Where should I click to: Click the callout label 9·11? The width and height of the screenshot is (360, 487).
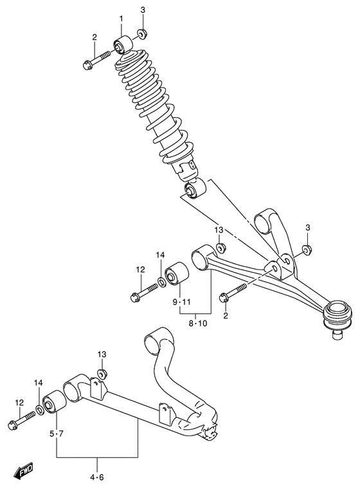pyautogui.click(x=182, y=302)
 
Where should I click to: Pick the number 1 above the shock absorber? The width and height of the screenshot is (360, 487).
pyautogui.click(x=120, y=19)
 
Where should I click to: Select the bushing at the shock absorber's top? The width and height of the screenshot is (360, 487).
pyautogui.click(x=123, y=45)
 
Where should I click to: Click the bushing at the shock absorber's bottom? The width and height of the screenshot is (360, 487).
pyautogui.click(x=194, y=189)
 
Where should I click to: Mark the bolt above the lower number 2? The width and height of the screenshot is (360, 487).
pyautogui.click(x=231, y=293)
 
